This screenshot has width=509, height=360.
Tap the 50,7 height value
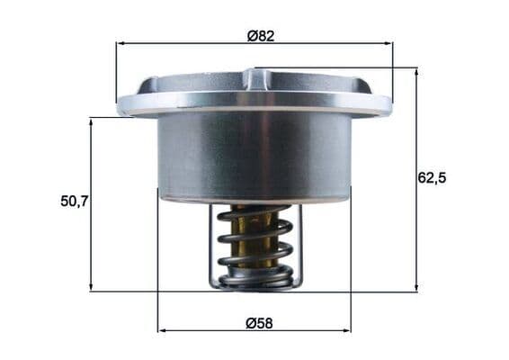click(x=74, y=202)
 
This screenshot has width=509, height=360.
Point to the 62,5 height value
click(x=432, y=177)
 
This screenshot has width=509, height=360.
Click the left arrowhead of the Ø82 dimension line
click(x=121, y=42)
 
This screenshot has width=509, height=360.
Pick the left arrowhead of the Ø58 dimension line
click(x=162, y=331)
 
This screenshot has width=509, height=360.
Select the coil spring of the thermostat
click(x=256, y=252)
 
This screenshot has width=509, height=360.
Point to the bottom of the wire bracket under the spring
click(x=256, y=286)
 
